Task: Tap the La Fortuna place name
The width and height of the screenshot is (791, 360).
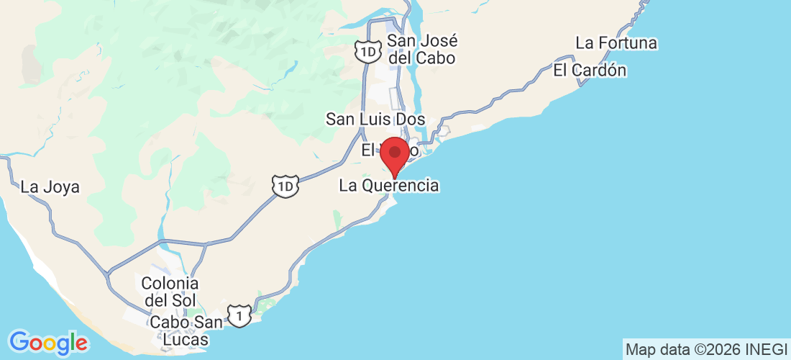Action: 616,43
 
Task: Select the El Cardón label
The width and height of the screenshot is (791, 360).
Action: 589,71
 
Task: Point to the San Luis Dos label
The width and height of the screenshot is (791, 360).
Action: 375,119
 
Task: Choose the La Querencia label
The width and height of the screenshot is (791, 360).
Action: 388,186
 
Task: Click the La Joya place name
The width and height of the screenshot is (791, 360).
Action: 50,187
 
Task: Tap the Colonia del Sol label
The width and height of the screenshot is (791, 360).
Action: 170,291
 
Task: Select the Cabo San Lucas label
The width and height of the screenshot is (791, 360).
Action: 179,330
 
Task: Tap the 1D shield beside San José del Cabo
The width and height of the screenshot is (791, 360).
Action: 367,51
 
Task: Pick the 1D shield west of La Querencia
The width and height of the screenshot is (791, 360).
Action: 285,186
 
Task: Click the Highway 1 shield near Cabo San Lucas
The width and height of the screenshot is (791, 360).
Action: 239,315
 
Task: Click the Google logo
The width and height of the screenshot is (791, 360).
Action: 47,342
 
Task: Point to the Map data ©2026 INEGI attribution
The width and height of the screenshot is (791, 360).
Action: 706,350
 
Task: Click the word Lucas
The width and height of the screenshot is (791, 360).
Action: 179,340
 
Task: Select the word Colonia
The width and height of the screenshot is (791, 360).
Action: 170,283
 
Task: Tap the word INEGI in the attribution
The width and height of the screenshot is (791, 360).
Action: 767,350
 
